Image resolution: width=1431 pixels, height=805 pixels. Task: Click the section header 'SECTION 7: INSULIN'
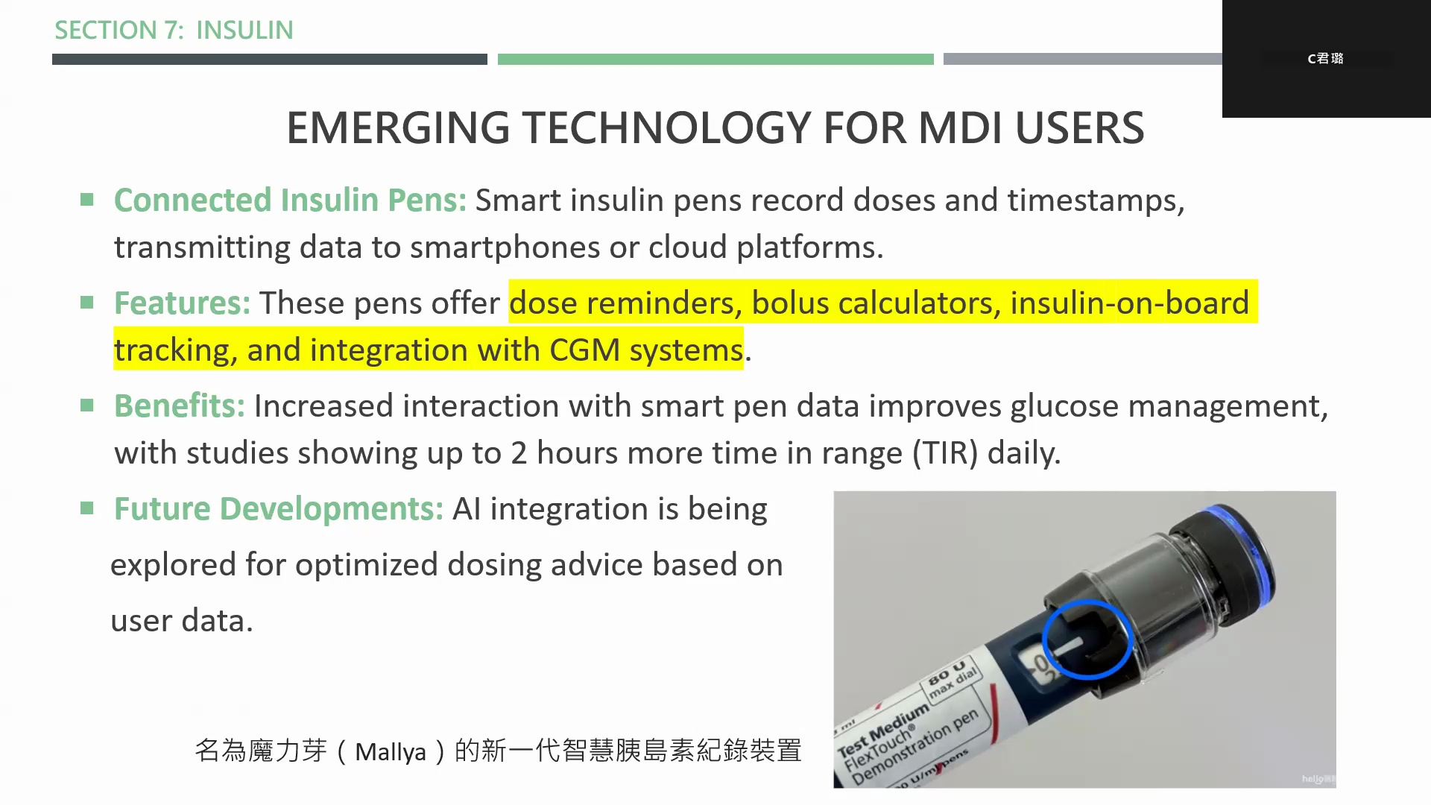point(174,30)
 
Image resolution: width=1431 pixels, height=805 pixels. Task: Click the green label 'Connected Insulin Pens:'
point(290,200)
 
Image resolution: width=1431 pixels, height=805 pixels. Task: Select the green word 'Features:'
point(182,303)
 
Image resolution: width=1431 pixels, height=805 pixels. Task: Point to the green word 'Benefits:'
point(179,405)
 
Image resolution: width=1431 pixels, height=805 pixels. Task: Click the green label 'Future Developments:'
point(278,508)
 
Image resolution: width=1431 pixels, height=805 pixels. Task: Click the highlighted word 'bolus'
point(789,303)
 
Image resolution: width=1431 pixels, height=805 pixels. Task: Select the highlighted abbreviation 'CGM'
point(584,350)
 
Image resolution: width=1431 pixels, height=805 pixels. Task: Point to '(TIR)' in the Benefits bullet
point(945,453)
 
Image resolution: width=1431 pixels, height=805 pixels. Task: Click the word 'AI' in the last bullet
point(467,508)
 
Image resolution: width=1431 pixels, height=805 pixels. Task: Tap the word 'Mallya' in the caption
point(391,751)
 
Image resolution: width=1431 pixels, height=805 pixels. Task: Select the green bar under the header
point(715,59)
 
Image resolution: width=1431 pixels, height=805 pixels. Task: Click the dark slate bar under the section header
point(270,59)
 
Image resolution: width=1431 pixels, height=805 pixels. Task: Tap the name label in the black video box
point(1325,58)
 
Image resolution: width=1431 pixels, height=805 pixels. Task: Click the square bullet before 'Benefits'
point(87,405)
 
